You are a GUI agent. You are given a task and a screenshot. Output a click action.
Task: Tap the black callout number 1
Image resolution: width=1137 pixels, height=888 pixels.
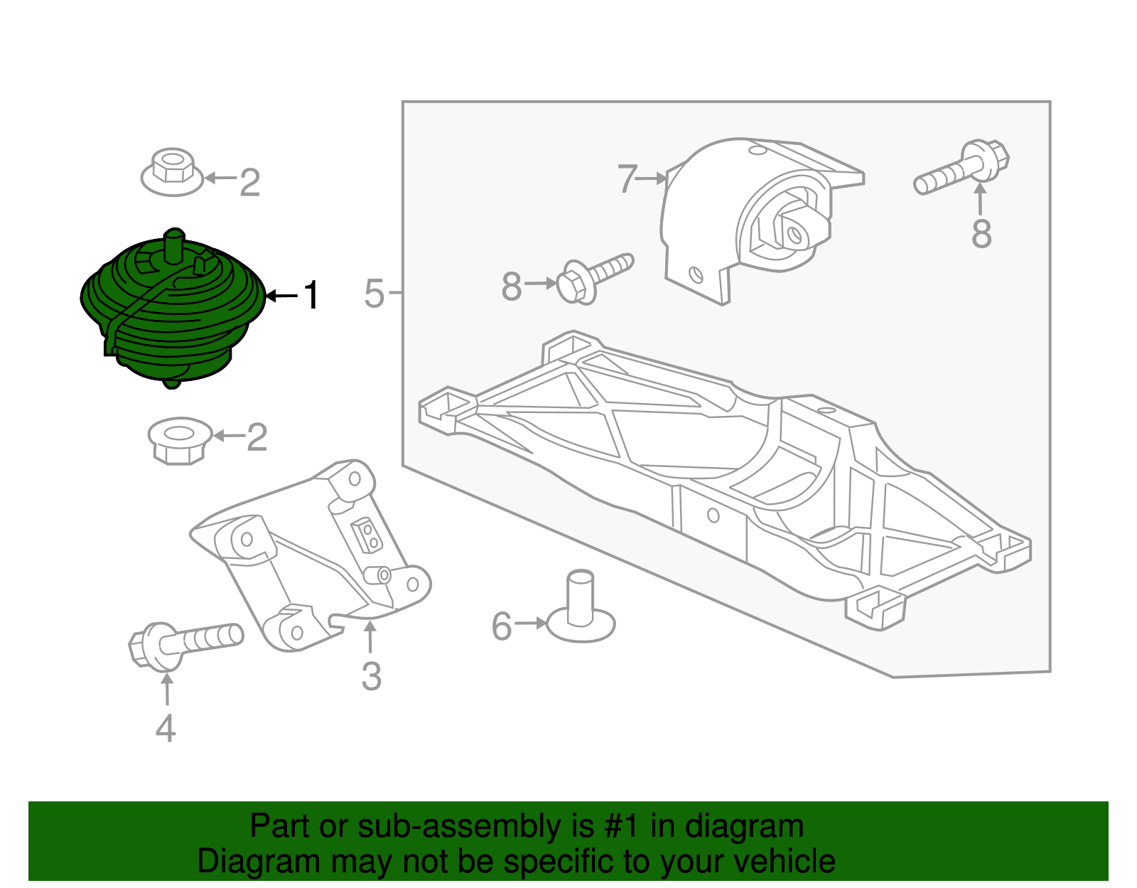(311, 295)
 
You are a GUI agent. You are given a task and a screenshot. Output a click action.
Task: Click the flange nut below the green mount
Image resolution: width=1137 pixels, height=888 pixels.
(180, 440)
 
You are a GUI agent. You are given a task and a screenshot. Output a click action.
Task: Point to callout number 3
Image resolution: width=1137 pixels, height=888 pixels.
(371, 677)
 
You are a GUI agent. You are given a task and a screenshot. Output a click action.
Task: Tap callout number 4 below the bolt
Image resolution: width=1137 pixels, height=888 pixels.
(166, 729)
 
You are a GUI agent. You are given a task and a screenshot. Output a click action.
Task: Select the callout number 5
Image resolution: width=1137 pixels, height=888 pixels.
(374, 294)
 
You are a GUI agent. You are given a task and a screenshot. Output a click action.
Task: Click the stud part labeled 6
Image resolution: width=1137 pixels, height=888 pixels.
(581, 608)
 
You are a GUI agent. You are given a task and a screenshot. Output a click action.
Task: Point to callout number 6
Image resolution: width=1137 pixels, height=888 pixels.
(502, 626)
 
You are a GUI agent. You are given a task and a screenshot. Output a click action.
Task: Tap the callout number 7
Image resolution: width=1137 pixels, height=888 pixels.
(627, 179)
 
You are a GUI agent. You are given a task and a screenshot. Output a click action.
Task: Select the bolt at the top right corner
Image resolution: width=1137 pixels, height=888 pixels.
(963, 167)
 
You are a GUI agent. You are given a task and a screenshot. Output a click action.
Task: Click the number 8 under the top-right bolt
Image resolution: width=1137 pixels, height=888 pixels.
(981, 234)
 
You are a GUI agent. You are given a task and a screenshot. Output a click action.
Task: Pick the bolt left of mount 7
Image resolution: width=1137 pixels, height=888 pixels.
(595, 277)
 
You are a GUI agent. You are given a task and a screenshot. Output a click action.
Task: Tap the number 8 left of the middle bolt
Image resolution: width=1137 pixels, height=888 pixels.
(512, 287)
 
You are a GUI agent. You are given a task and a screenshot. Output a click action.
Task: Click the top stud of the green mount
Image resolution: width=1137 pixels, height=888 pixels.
(173, 245)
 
